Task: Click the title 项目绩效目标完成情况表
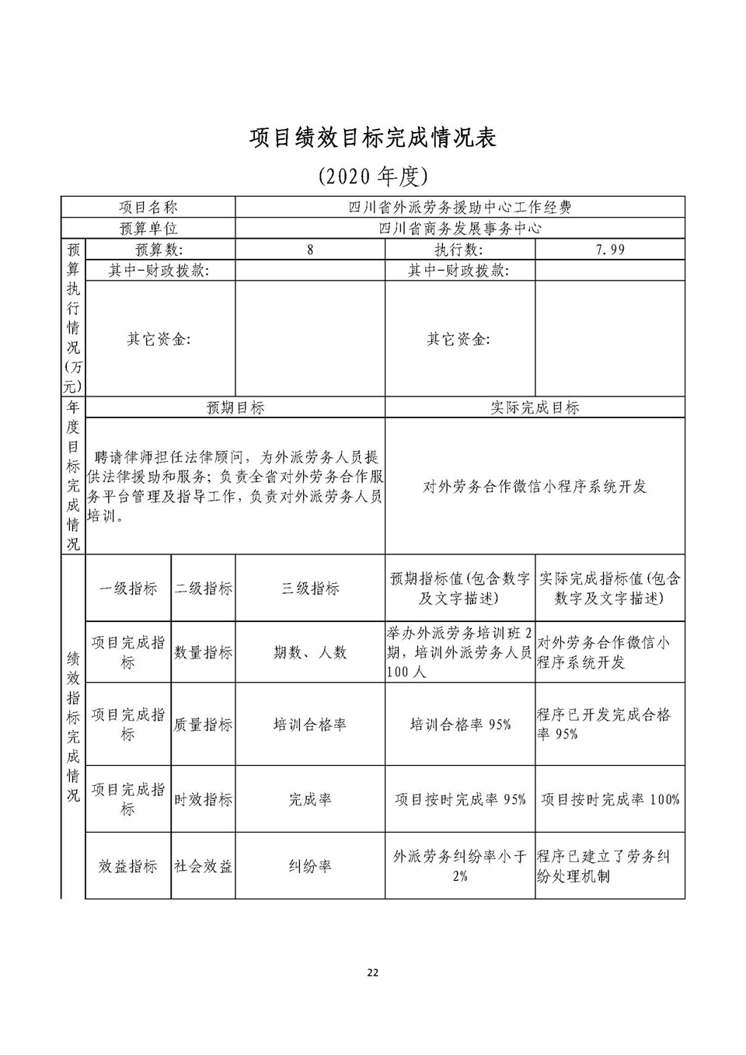coord(372,138)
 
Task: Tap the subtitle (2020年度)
coord(373,176)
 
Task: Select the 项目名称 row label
coord(148,207)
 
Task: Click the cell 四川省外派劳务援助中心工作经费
coord(459,207)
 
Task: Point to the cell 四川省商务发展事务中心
coord(459,228)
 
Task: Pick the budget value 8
coord(310,250)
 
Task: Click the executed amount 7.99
coord(610,250)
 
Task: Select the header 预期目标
coord(235,407)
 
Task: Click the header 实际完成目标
coord(535,407)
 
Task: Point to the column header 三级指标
coord(310,589)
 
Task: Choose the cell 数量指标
coord(203,653)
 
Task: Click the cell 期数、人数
coord(310,653)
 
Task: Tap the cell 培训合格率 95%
coord(460,725)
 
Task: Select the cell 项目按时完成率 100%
coord(610,799)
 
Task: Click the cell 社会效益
coord(203,866)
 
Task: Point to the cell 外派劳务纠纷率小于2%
coord(460,866)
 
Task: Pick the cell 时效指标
coord(203,799)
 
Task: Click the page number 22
coord(373,973)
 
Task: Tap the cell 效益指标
coord(128,866)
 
